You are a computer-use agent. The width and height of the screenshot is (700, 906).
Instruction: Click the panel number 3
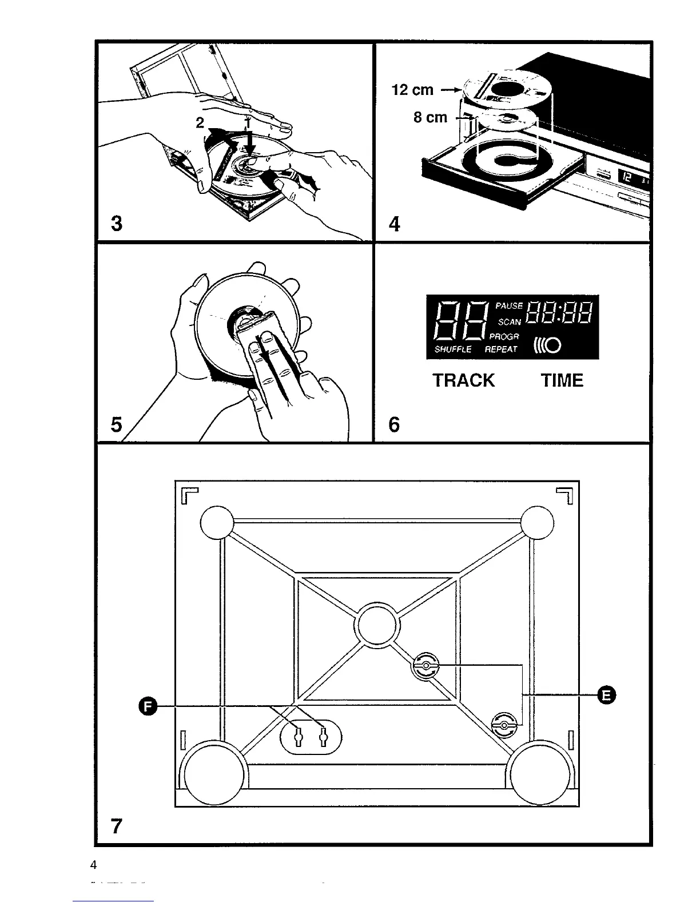117,223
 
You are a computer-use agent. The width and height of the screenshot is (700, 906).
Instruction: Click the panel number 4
394,224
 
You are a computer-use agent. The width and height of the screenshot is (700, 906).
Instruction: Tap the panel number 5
117,425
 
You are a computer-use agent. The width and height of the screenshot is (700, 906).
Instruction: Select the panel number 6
394,425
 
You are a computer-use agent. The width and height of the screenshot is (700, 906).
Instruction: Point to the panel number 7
117,826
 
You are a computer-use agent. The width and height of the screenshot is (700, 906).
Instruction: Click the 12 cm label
412,90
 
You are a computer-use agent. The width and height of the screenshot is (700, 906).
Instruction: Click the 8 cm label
430,117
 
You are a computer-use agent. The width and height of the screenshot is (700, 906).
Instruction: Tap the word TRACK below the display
463,380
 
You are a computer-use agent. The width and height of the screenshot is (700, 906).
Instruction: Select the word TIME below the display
562,380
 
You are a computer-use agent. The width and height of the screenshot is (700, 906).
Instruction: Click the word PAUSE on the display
509,307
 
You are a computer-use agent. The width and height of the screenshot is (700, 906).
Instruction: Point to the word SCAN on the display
510,322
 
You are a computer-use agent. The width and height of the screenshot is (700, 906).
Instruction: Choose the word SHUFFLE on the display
453,349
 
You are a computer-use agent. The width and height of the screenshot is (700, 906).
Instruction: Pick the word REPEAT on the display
501,349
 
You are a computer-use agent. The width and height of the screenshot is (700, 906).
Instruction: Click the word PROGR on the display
504,337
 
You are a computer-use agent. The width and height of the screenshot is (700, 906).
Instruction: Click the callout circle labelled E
606,695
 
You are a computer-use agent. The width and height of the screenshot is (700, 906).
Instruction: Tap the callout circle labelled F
148,707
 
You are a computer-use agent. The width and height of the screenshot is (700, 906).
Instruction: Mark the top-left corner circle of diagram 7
217,522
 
